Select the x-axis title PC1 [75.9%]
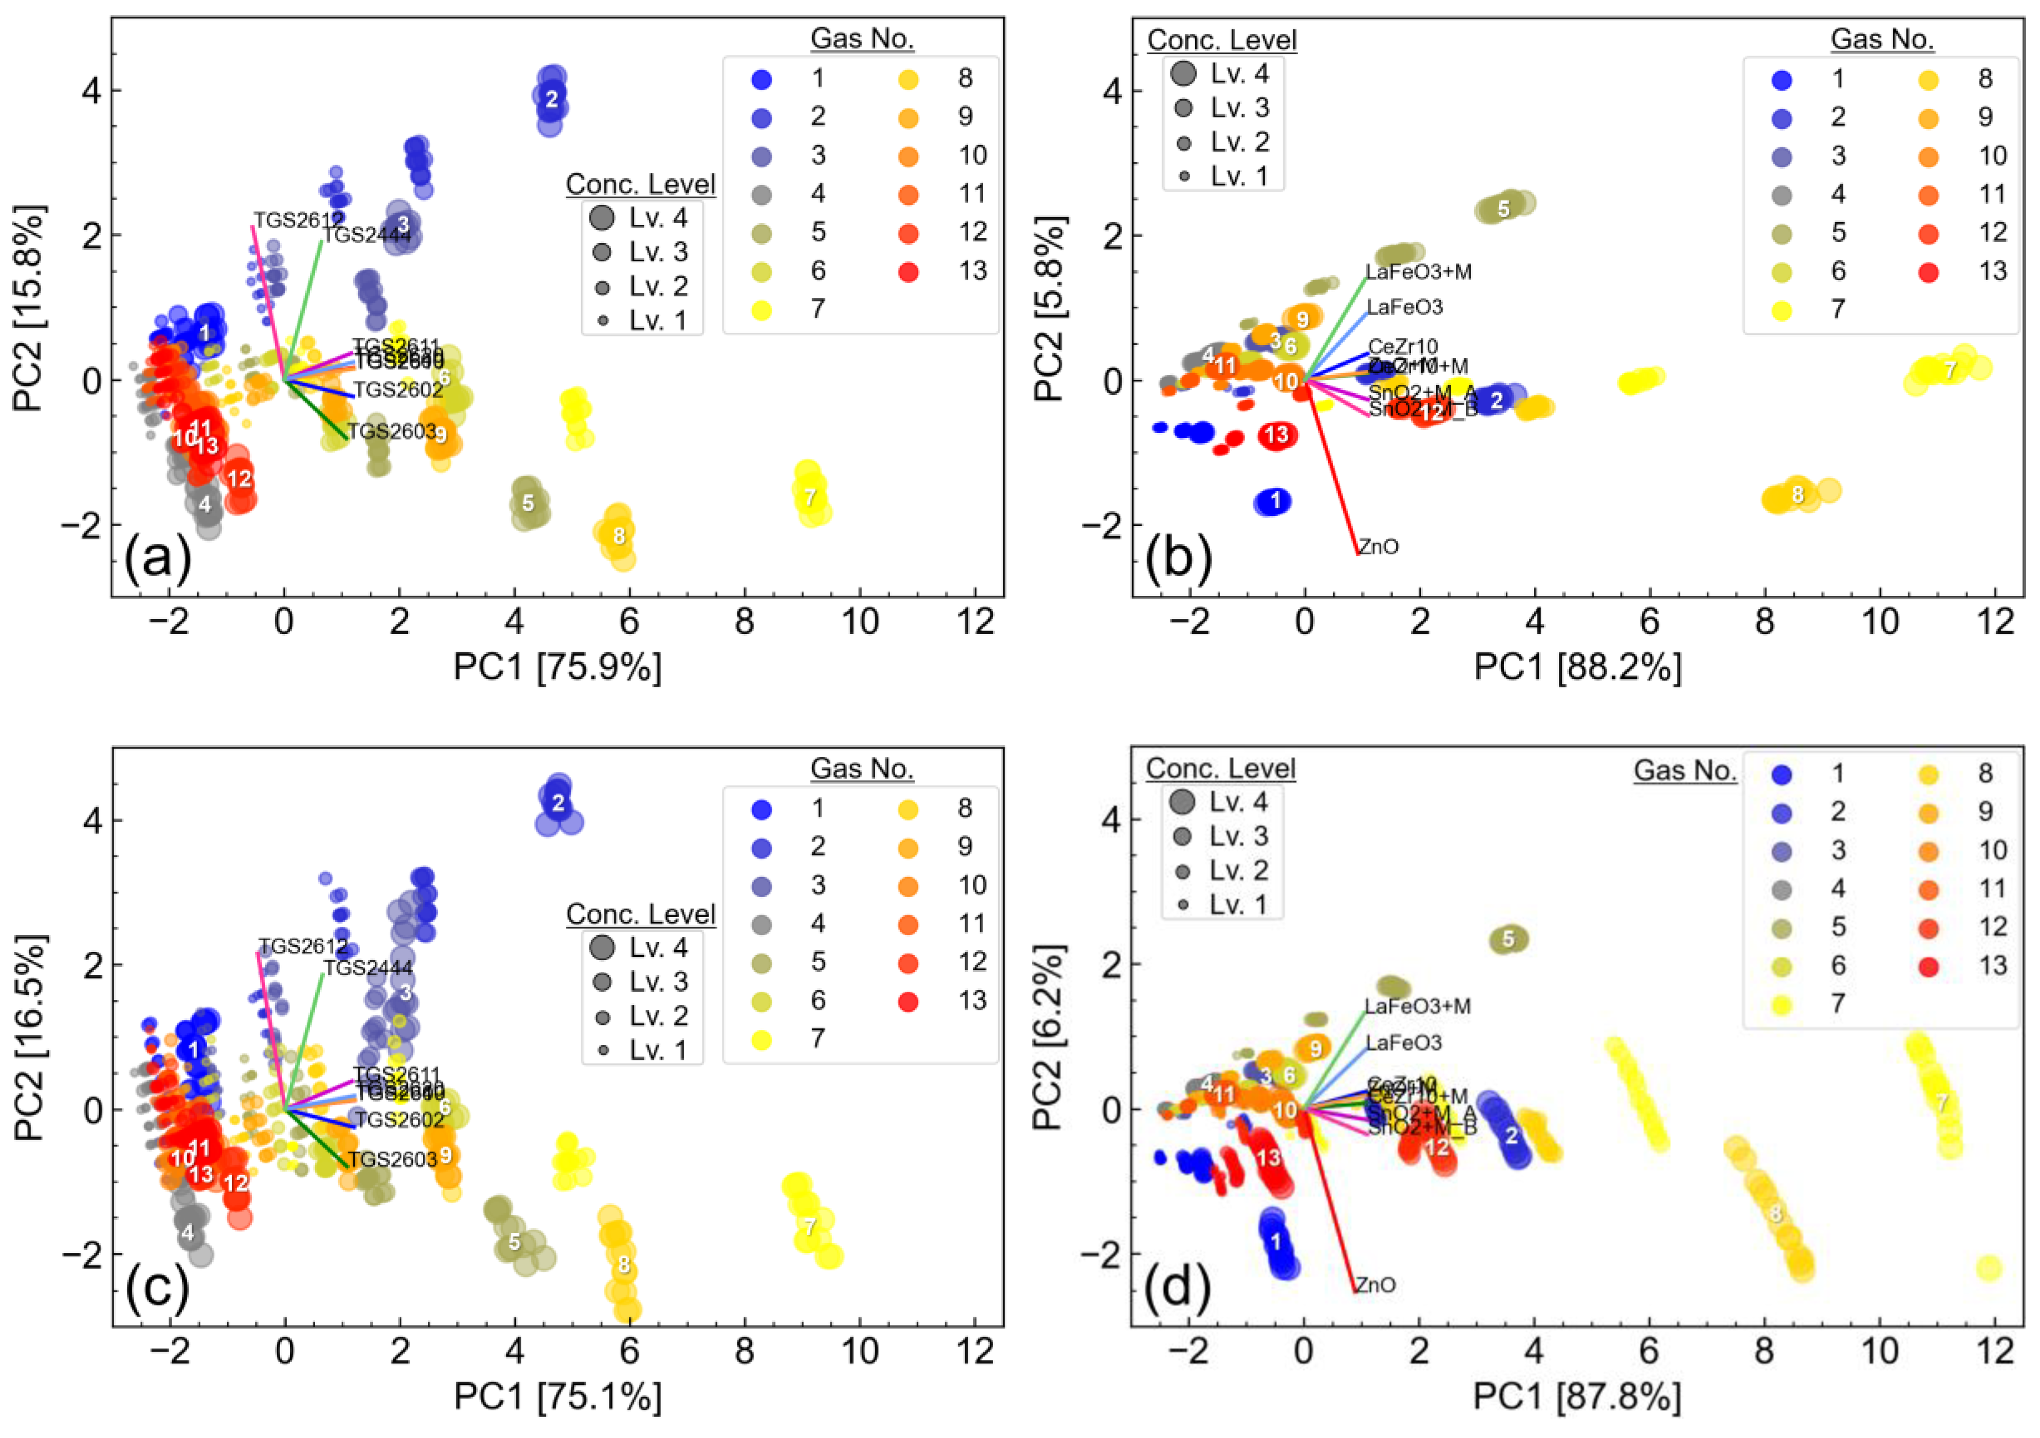point(557,667)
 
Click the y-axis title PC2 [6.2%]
point(1049,1037)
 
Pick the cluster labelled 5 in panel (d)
point(1508,939)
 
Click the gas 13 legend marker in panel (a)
point(908,271)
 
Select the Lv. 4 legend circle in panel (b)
point(1182,73)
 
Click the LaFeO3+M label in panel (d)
point(1417,1006)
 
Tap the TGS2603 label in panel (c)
point(392,1159)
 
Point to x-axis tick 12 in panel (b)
point(1996,621)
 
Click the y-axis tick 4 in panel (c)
point(91,819)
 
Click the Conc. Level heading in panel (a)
point(640,184)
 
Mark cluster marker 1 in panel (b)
point(1275,501)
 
